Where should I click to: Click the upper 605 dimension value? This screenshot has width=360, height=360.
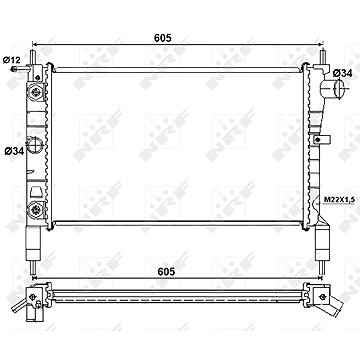click(163, 38)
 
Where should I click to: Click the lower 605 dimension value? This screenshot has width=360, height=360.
click(166, 272)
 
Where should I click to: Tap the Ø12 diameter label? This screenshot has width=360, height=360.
click(12, 60)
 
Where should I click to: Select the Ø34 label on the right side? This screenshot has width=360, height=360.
click(343, 73)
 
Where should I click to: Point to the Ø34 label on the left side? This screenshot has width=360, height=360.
click(14, 151)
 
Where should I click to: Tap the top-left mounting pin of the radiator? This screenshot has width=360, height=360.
click(33, 57)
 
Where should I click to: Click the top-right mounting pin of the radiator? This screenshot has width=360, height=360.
click(323, 57)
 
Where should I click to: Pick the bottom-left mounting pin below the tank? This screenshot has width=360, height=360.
click(33, 267)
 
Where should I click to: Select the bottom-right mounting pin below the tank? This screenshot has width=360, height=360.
click(321, 267)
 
